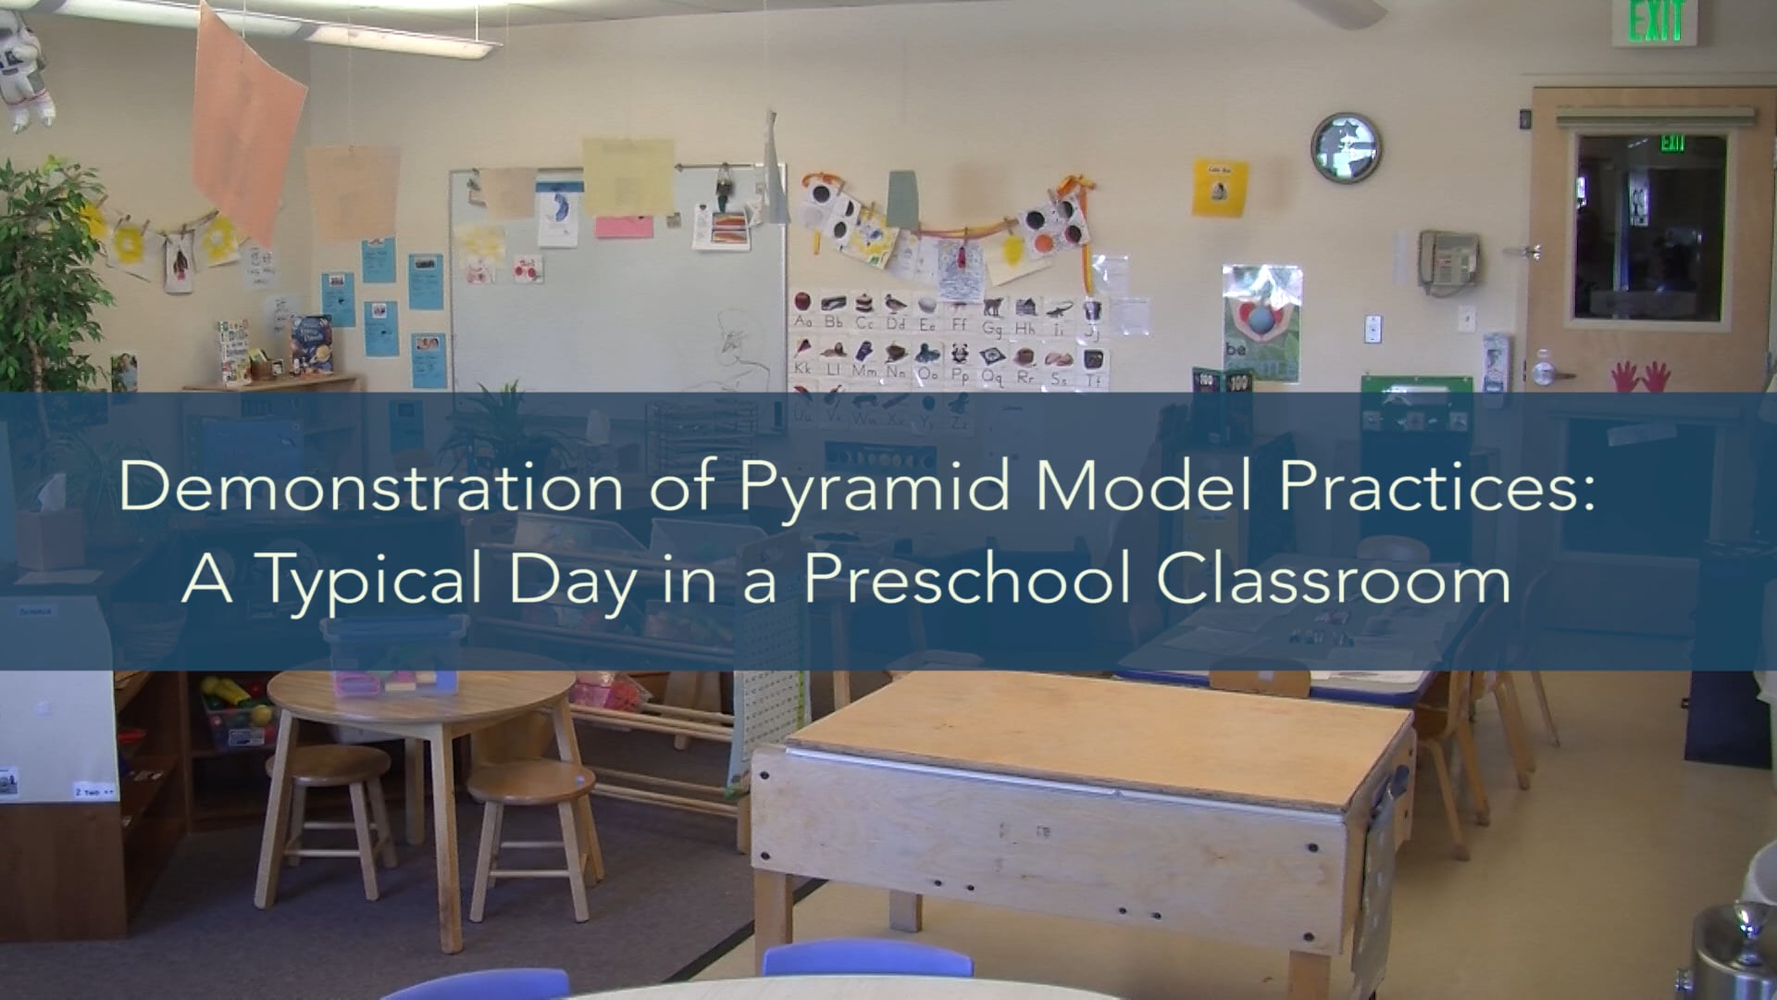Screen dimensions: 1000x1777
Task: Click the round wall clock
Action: click(x=1346, y=147)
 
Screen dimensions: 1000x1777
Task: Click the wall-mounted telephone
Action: click(x=1448, y=257)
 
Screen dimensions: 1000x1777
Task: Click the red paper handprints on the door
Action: click(x=1640, y=376)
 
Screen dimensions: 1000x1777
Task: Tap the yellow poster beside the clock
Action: click(x=1219, y=187)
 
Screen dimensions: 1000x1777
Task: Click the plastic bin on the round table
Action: click(x=393, y=656)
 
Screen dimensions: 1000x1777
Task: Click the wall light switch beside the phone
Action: click(x=1373, y=328)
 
